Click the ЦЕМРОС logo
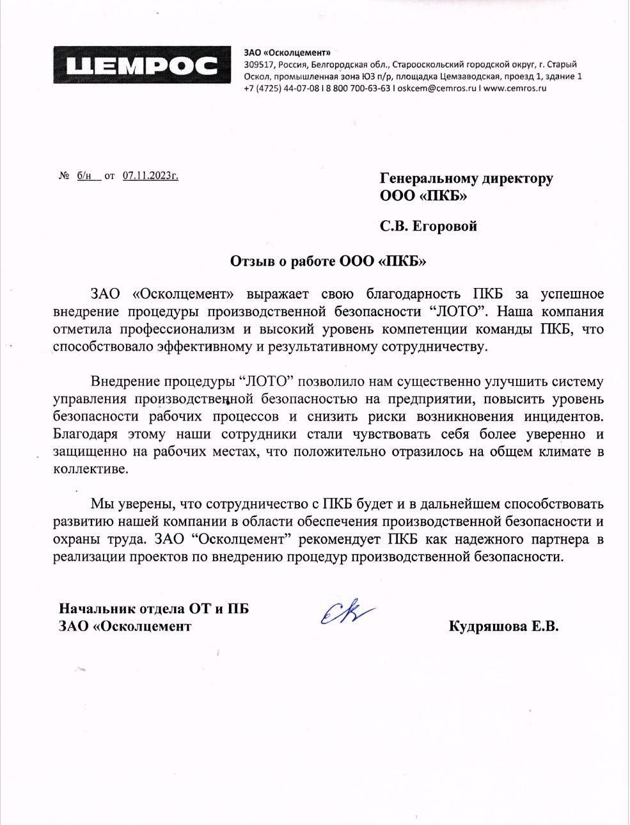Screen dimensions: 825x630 [x=142, y=65]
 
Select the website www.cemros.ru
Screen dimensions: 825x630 [x=515, y=88]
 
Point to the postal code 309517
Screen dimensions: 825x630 [x=258, y=65]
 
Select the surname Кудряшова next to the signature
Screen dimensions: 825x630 [x=484, y=626]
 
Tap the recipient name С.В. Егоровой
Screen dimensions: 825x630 [x=429, y=226]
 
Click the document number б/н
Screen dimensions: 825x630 [x=85, y=175]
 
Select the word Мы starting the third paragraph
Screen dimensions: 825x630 [x=101, y=504]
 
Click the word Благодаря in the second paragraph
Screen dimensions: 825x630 [x=85, y=434]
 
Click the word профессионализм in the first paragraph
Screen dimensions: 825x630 [x=186, y=330]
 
